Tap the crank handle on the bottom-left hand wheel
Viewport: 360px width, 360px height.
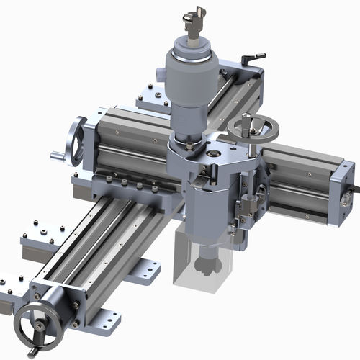[x=31, y=352]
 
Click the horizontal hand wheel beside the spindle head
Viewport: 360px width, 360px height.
[x=253, y=129]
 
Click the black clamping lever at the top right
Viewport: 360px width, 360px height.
[x=253, y=56]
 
